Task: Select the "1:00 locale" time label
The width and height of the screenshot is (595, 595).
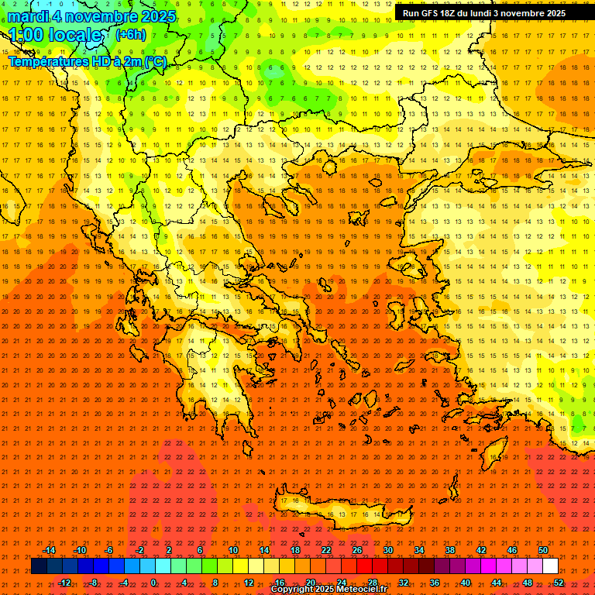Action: coord(55,35)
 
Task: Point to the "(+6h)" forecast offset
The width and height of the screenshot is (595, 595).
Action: coord(129,35)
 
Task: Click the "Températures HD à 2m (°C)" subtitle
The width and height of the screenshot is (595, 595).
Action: coord(87,61)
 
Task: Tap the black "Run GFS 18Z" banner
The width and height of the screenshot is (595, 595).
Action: coord(483,13)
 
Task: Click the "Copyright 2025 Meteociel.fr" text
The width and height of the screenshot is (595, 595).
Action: coord(328,590)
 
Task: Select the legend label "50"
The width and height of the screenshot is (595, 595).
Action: coord(543,550)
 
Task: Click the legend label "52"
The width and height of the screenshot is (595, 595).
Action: coord(559,582)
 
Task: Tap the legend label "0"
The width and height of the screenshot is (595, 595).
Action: coord(153,582)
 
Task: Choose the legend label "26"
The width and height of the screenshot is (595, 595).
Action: coord(357,550)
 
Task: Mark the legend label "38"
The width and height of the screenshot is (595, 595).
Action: coord(450,550)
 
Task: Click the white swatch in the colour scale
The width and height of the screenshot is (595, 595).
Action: coord(550,566)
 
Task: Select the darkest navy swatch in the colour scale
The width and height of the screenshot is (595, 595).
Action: coord(39,566)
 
